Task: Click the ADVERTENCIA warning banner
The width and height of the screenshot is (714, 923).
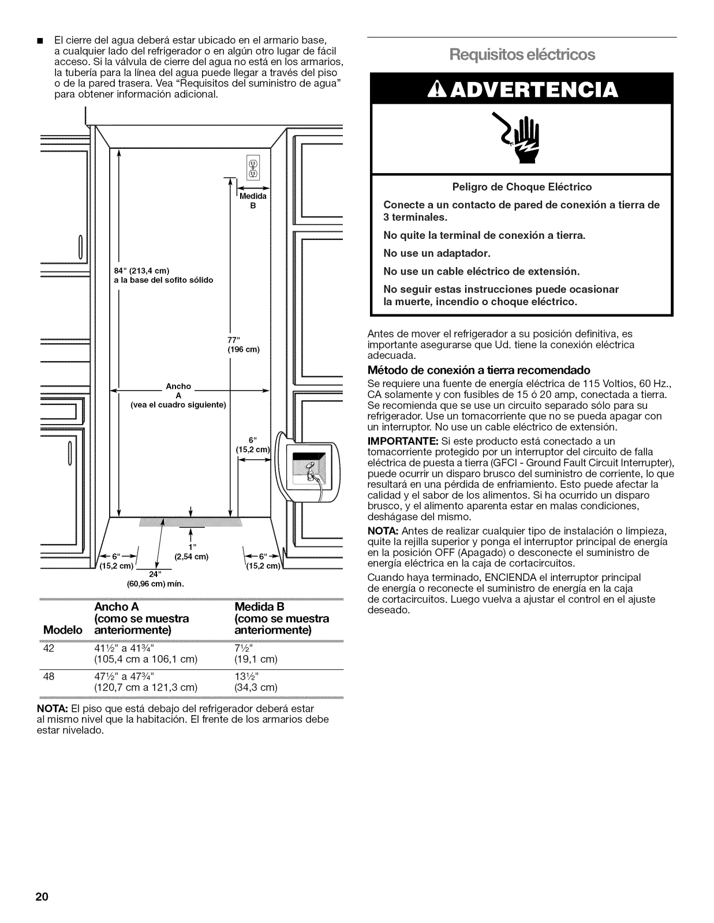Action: pyautogui.click(x=522, y=89)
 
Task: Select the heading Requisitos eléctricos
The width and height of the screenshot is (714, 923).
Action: pyautogui.click(x=522, y=55)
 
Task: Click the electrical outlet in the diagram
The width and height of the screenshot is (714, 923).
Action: pyautogui.click(x=253, y=166)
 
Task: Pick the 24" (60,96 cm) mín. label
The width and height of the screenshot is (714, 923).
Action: pyautogui.click(x=155, y=579)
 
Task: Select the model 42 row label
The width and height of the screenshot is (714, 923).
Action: pyautogui.click(x=49, y=648)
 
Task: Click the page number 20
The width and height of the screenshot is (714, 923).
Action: pyautogui.click(x=40, y=898)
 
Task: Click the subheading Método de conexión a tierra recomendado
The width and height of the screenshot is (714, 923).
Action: pyautogui.click(x=479, y=370)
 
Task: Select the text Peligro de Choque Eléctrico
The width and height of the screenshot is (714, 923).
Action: pyautogui.click(x=522, y=187)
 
